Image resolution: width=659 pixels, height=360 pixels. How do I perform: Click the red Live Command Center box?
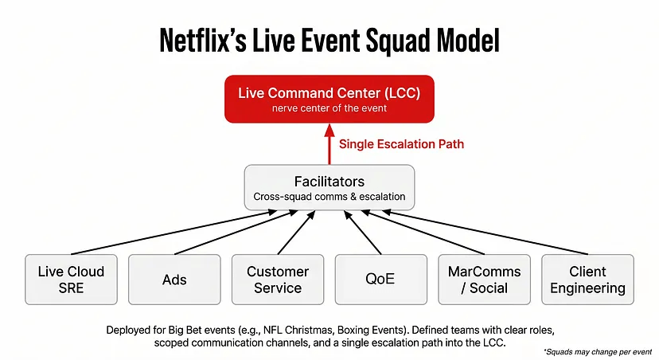[x=329, y=99]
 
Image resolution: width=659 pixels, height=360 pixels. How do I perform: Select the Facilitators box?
[x=329, y=187]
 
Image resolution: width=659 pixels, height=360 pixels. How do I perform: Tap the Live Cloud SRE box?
[x=71, y=280]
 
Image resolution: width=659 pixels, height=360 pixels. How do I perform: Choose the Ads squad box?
[x=174, y=280]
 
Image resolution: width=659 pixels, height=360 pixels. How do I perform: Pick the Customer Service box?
[x=278, y=280]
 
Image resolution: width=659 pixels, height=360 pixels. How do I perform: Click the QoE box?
[x=380, y=280]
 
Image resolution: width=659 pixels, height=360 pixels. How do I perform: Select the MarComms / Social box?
[x=484, y=280]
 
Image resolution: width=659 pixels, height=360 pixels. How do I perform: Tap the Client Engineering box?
[x=587, y=280]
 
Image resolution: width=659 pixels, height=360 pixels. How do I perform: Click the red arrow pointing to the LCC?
[x=329, y=145]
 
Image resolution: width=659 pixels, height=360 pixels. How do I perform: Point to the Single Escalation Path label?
[x=400, y=144]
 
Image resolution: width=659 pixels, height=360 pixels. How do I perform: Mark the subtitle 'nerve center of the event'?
[x=329, y=108]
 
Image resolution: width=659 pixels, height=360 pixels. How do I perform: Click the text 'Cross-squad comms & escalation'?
[x=329, y=196]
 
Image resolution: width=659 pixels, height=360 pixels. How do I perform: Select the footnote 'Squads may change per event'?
[x=598, y=350]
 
